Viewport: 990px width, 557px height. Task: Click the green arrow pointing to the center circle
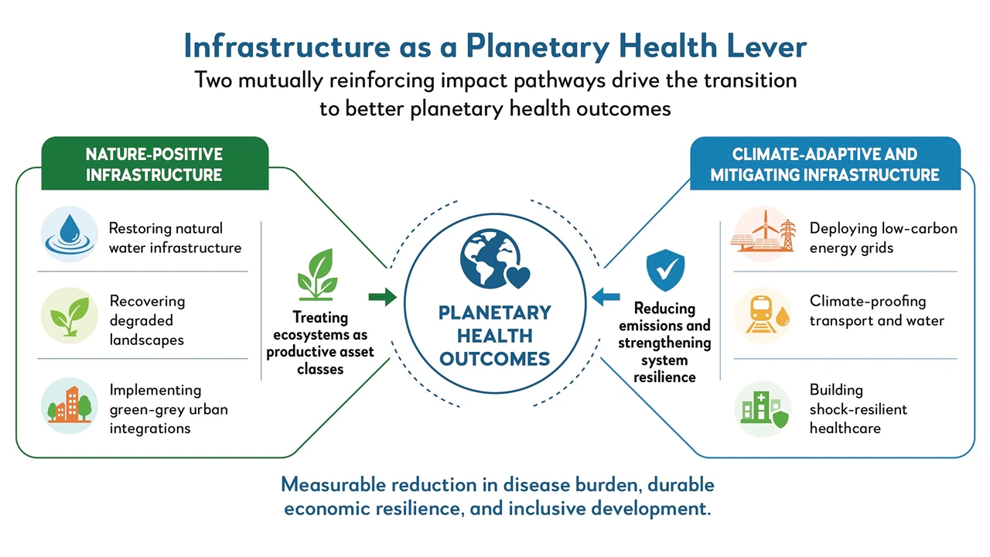click(383, 297)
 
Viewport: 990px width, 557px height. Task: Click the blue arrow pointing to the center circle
click(606, 297)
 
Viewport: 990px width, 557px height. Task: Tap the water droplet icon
click(70, 234)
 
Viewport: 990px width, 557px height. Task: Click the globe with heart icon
click(494, 258)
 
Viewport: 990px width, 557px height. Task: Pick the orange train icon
click(763, 315)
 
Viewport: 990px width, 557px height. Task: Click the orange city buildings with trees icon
click(70, 405)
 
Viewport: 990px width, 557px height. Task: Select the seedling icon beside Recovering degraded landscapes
click(70, 316)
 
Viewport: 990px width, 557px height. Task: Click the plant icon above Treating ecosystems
click(318, 275)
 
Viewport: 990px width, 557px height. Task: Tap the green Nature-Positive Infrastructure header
click(155, 163)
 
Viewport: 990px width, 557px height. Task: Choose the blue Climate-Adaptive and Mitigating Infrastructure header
click(825, 163)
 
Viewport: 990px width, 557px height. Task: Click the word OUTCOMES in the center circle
click(494, 359)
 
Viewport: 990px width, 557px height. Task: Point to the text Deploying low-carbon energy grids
click(883, 237)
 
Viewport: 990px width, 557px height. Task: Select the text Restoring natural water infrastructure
click(175, 237)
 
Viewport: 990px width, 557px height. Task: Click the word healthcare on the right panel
click(845, 428)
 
